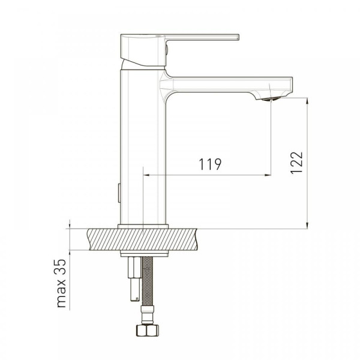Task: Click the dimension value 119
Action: point(210,164)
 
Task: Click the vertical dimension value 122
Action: point(296,163)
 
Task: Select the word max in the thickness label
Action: point(61,293)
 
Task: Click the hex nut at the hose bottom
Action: point(148,331)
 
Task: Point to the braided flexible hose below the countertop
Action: point(148,281)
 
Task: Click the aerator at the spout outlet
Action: point(271,99)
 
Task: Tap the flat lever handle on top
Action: point(202,37)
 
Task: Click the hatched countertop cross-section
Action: point(142,239)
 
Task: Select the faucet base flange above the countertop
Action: point(143,226)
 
